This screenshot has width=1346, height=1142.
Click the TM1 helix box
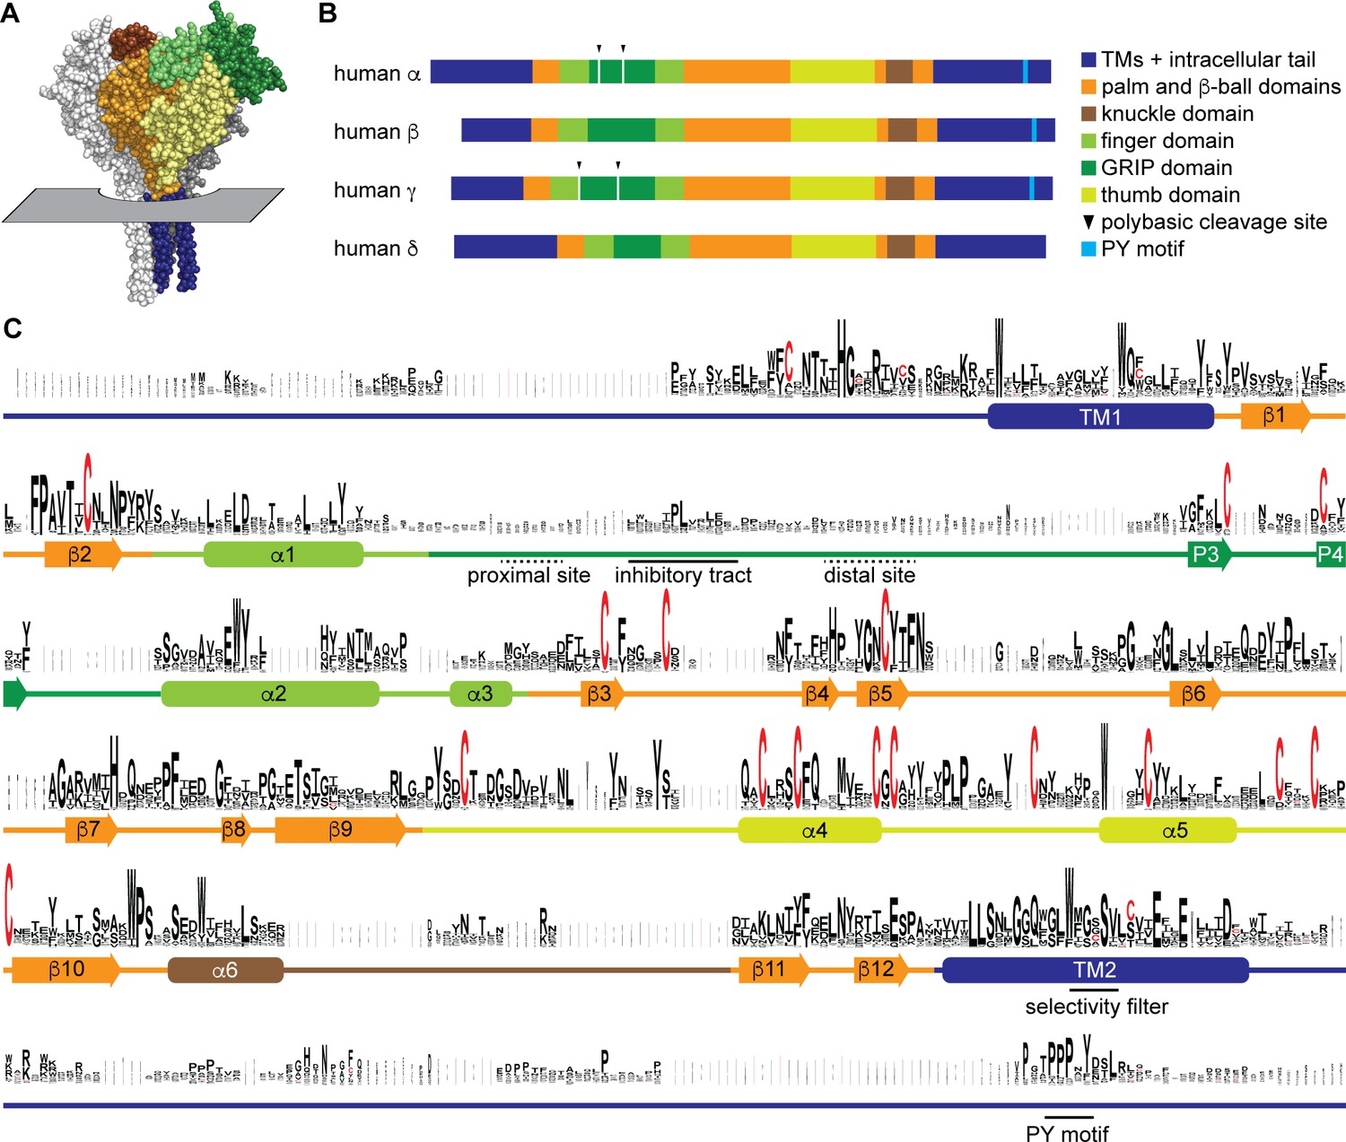pyautogui.click(x=1100, y=416)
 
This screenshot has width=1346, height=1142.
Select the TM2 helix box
pyautogui.click(x=1095, y=970)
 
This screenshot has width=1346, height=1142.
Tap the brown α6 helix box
pyautogui.click(x=225, y=970)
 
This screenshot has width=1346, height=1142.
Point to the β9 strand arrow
pyautogui.click(x=339, y=830)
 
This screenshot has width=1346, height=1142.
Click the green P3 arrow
pyautogui.click(x=1208, y=554)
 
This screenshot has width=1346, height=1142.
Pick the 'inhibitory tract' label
pyautogui.click(x=683, y=576)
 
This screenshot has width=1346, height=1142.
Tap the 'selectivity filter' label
pyautogui.click(x=1097, y=1007)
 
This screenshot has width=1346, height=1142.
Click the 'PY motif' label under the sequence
pyautogui.click(x=1067, y=1134)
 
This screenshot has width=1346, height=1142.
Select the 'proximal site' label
pyautogui.click(x=529, y=576)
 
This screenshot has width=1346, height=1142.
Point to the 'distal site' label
pyautogui.click(x=870, y=576)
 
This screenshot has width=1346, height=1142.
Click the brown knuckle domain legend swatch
pyautogui.click(x=1088, y=114)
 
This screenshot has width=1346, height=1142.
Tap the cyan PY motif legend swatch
pyautogui.click(x=1088, y=248)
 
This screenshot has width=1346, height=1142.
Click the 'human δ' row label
pyautogui.click(x=375, y=248)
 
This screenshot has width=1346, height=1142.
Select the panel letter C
pyautogui.click(x=13, y=328)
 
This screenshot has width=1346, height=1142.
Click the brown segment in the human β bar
pyautogui.click(x=903, y=130)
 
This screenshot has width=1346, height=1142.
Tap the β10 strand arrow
pyautogui.click(x=66, y=970)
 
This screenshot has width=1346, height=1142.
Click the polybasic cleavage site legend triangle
pyautogui.click(x=1088, y=222)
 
